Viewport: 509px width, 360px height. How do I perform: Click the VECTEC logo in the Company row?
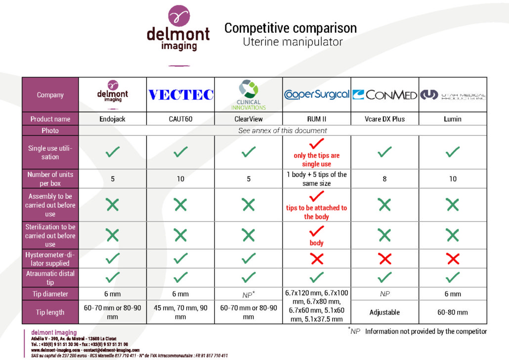(x=181, y=94)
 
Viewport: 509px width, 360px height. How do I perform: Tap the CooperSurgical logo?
(x=317, y=94)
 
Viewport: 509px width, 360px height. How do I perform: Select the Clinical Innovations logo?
(x=249, y=95)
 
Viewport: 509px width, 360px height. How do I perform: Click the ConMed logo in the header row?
(x=384, y=95)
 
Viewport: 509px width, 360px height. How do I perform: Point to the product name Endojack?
(x=112, y=119)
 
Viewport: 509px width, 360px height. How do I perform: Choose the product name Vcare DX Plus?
(x=384, y=119)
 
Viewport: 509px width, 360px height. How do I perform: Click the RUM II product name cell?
(x=316, y=119)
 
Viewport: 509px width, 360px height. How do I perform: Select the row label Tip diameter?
(x=50, y=294)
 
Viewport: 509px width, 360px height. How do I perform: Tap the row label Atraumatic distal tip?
(x=50, y=278)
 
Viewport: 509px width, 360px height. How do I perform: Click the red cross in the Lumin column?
(x=453, y=259)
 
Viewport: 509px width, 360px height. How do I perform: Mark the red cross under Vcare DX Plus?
(x=384, y=259)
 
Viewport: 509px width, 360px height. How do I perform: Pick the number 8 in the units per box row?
(x=384, y=179)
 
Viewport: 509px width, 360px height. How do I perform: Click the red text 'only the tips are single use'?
(x=316, y=160)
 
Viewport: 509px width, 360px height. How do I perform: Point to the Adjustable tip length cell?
(x=384, y=312)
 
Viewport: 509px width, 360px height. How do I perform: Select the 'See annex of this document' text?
(x=282, y=130)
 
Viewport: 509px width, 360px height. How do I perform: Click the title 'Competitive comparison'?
(x=291, y=28)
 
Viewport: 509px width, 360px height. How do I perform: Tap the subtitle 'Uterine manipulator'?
(x=293, y=42)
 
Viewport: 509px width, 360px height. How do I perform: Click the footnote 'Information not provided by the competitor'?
(x=426, y=331)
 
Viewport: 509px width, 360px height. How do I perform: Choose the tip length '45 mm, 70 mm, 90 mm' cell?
(x=180, y=312)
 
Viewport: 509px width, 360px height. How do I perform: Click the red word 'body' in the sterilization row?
(x=316, y=243)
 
